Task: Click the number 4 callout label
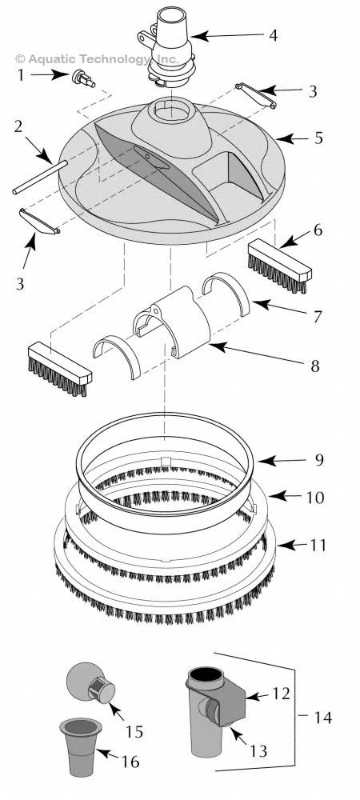pyautogui.click(x=274, y=36)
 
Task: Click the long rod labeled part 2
pyautogui.click(x=40, y=177)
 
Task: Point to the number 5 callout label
pyautogui.click(x=318, y=138)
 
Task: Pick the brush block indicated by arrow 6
pyautogui.click(x=279, y=267)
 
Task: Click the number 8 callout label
pyautogui.click(x=315, y=366)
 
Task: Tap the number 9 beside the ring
pyautogui.click(x=319, y=460)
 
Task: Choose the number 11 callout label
pyautogui.click(x=318, y=546)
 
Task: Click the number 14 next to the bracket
pyautogui.click(x=322, y=717)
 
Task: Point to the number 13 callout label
pyautogui.click(x=258, y=751)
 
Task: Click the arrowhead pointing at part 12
pyautogui.click(x=250, y=697)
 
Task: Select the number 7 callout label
pyautogui.click(x=317, y=317)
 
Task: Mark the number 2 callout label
pyautogui.click(x=19, y=126)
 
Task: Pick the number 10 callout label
pyautogui.click(x=315, y=497)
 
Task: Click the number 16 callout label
pyautogui.click(x=130, y=762)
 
